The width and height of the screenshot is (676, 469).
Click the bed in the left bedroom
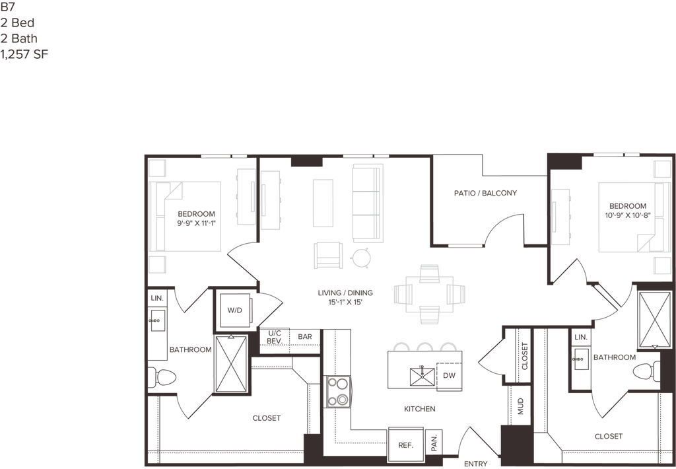tap(189, 217)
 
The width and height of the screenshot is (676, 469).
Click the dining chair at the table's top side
tap(429, 272)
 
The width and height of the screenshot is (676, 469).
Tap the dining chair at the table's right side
tap(459, 294)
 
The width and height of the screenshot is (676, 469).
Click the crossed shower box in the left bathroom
tap(232, 365)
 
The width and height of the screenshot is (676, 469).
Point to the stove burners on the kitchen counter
tap(341, 390)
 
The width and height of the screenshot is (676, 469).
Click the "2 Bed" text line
tap(18, 22)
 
